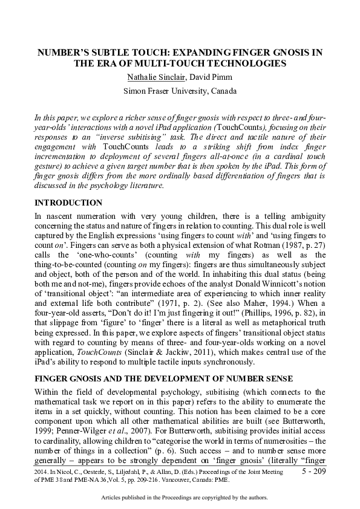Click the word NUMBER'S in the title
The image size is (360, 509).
click(x=64, y=53)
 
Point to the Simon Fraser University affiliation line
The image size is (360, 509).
click(x=180, y=91)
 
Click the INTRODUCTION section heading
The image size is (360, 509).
click(x=68, y=203)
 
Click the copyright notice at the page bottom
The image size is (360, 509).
click(x=180, y=498)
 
